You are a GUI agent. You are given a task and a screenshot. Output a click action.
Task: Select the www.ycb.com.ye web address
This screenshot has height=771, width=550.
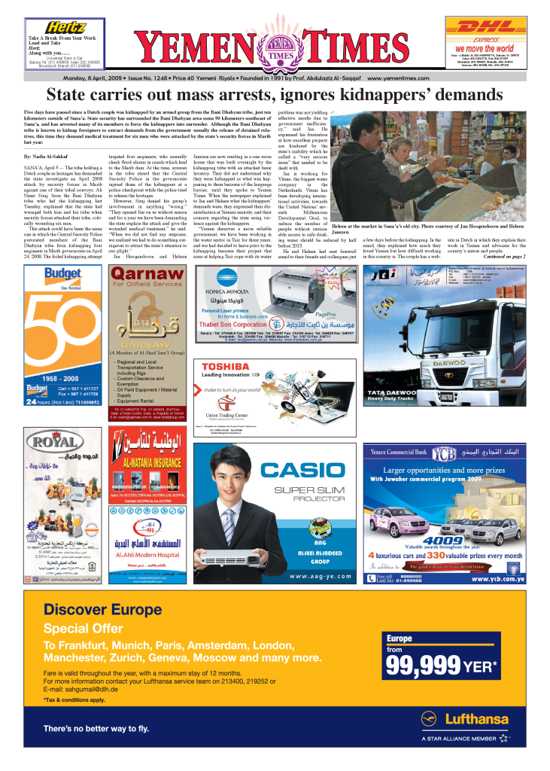498,579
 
